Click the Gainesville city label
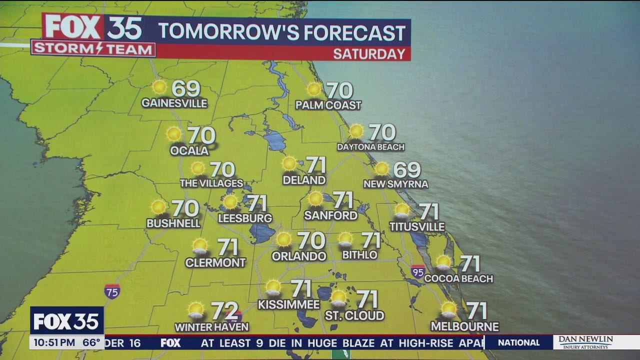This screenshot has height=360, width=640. click(x=174, y=103)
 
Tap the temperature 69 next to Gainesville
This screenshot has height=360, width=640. click(x=186, y=89)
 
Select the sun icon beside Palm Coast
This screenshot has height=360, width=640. click(x=314, y=89)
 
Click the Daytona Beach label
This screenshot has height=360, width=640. click(x=370, y=147)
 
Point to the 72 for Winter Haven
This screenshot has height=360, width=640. click(x=224, y=311)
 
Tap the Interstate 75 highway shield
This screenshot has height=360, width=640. click(x=112, y=291)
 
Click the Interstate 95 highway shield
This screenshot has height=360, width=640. click(x=418, y=271)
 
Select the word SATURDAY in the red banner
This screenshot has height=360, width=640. click(x=369, y=54)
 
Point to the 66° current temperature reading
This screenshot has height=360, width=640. click(x=91, y=343)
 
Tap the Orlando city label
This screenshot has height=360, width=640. click(x=299, y=256)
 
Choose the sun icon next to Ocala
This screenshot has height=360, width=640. click(x=174, y=134)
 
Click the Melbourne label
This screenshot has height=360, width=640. click(x=465, y=327)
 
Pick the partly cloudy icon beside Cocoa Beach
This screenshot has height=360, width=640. click(x=443, y=262)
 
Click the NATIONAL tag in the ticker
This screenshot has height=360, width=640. click(x=518, y=342)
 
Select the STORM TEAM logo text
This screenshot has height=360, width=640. click(x=93, y=49)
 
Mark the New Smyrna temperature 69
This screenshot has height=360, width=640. click(x=406, y=170)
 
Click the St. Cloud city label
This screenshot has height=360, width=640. click(x=354, y=315)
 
